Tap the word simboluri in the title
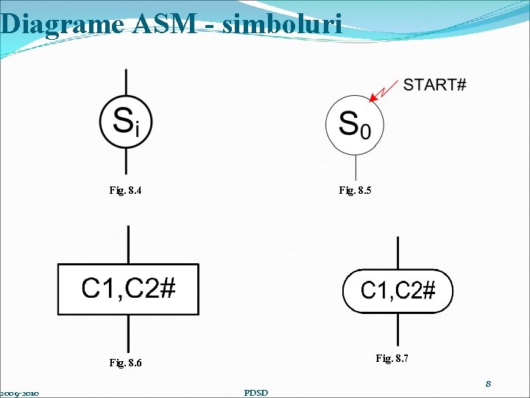pyautogui.click(x=283, y=24)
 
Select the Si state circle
pyautogui.click(x=127, y=122)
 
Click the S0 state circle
pyautogui.click(x=355, y=125)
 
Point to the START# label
pyautogui.click(x=434, y=85)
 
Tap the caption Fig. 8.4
pyautogui.click(x=125, y=191)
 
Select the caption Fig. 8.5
pyautogui.click(x=355, y=191)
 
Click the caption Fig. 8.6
pyautogui.click(x=125, y=363)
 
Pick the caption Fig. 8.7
pyautogui.click(x=392, y=358)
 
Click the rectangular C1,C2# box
pyautogui.click(x=128, y=289)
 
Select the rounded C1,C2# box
pyautogui.click(x=397, y=292)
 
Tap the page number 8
pyautogui.click(x=487, y=384)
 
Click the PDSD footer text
pyautogui.click(x=256, y=392)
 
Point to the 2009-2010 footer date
pyautogui.click(x=20, y=393)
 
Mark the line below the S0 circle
pyautogui.click(x=356, y=166)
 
